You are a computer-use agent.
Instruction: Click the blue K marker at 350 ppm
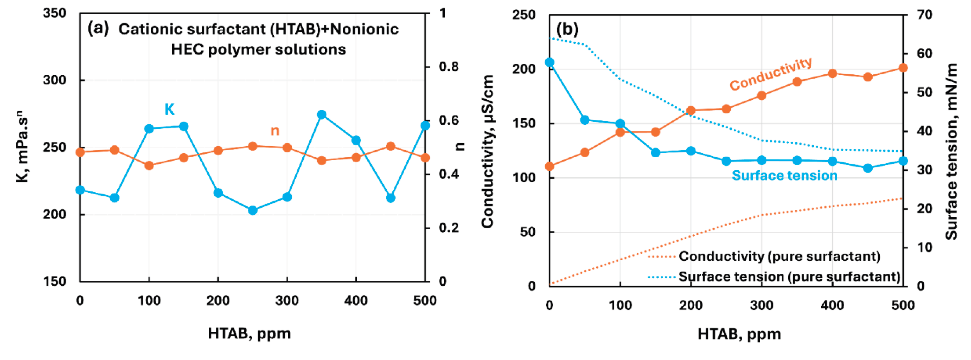322,115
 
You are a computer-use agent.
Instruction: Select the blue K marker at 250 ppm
253,210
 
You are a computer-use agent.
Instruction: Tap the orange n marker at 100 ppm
149,165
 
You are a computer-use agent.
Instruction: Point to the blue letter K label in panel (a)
170,109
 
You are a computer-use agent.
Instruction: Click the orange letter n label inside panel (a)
275,131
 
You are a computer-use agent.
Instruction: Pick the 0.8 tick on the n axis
449,67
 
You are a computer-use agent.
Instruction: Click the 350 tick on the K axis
54,14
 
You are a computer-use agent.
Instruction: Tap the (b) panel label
567,29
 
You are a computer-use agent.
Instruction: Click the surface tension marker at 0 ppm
550,62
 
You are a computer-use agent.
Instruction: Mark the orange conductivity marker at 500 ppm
903,68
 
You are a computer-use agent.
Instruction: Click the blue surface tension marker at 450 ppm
868,168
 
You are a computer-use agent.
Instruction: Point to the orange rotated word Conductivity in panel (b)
771,74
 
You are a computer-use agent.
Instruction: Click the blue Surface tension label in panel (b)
784,176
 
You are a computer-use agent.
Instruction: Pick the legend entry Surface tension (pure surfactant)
789,277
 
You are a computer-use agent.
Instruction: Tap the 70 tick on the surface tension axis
924,15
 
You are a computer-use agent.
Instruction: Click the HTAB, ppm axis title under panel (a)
249,333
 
